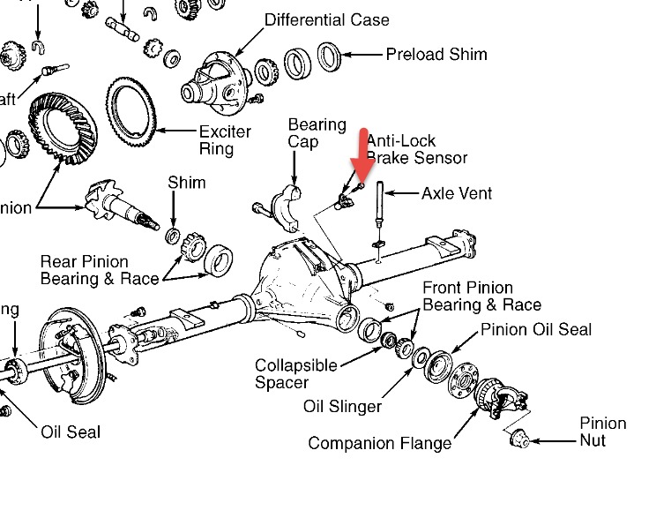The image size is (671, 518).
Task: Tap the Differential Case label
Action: pos(326,19)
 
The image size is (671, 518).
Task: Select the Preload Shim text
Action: pos(436,55)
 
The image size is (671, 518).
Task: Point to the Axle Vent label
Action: pos(456,192)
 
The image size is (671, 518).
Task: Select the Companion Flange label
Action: pos(379,443)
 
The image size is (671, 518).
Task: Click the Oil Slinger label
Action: pos(342,406)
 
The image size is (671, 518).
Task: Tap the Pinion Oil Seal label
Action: pos(535,330)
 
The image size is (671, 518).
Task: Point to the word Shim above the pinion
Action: pos(186,183)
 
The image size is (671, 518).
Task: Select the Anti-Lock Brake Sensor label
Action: pos(415,148)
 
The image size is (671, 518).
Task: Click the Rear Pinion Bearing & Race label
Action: pos(99,270)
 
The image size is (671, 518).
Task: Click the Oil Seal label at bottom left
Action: pos(71,432)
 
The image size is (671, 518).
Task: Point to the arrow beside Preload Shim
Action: pos(362,55)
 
